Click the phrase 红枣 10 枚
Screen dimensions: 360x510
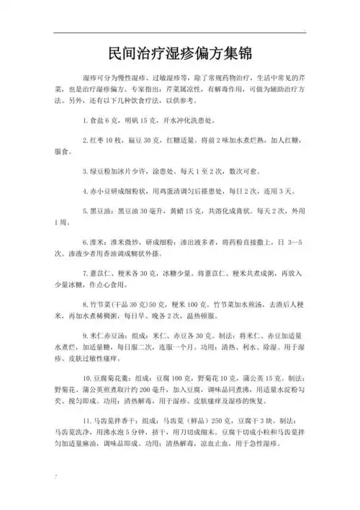pyautogui.click(x=109, y=139)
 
